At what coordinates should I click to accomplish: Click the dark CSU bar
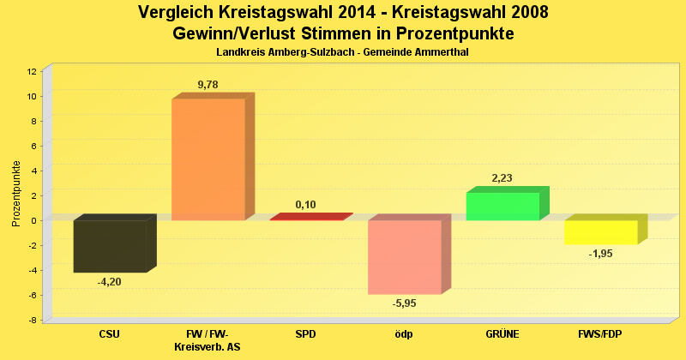[110, 246]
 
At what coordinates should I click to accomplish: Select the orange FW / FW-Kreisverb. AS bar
[208, 159]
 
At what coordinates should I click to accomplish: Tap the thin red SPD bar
[307, 218]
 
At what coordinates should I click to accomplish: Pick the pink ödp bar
[405, 257]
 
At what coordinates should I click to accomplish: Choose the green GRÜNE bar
[502, 206]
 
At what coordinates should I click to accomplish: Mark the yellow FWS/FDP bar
[600, 232]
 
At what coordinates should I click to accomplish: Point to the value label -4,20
[110, 281]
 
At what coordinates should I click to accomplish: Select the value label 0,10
[306, 205]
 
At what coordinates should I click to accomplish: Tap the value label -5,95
[405, 303]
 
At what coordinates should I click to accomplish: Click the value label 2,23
[502, 178]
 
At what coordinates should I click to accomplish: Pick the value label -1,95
[600, 253]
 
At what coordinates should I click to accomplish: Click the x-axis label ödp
[403, 333]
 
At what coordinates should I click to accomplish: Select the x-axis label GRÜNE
[502, 333]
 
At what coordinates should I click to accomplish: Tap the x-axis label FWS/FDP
[599, 333]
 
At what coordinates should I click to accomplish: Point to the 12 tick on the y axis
[32, 71]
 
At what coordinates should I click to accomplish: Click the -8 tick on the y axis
[33, 320]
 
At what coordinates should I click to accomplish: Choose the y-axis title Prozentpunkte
[16, 194]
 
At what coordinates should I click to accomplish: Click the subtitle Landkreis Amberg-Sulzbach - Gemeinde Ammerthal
[342, 52]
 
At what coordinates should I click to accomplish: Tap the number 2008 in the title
[524, 13]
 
